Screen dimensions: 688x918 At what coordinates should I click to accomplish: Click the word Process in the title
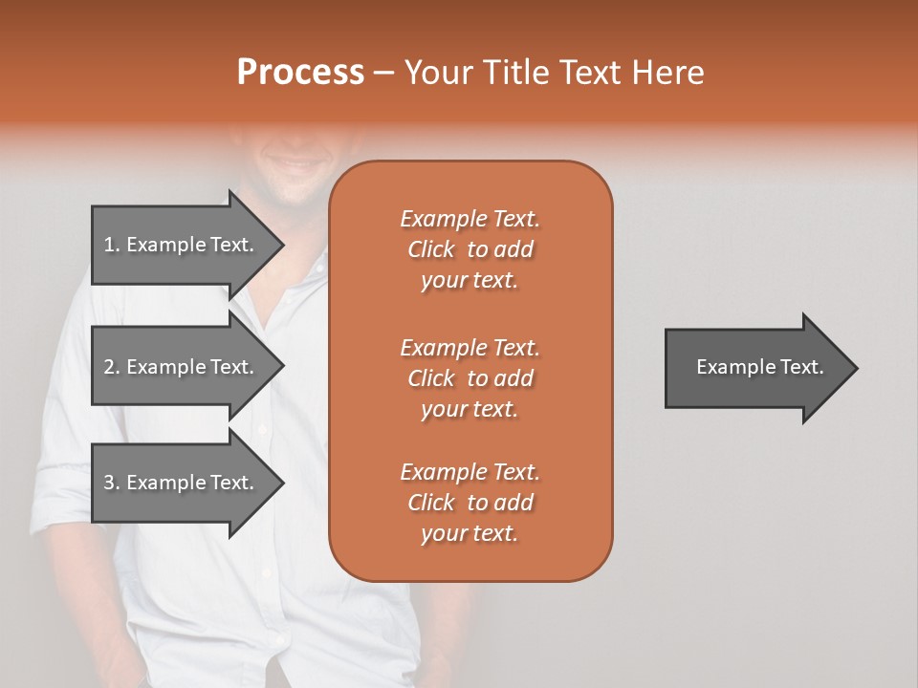click(300, 73)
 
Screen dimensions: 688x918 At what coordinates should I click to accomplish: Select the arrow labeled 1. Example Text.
click(182, 245)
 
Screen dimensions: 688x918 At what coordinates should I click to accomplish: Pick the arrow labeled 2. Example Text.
click(182, 367)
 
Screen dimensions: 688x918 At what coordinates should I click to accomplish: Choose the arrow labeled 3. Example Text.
click(182, 483)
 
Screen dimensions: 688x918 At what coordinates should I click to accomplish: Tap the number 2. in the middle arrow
click(112, 367)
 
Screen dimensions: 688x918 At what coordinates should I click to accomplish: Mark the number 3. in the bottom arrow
click(112, 483)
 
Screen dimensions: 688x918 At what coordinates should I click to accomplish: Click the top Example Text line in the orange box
click(470, 219)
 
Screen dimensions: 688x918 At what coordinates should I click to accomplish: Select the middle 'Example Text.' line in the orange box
click(470, 347)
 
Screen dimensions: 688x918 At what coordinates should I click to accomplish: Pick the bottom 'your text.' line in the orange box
click(470, 534)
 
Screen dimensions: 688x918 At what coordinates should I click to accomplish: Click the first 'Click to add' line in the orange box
click(470, 249)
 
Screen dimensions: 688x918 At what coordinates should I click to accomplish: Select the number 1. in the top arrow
click(111, 245)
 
